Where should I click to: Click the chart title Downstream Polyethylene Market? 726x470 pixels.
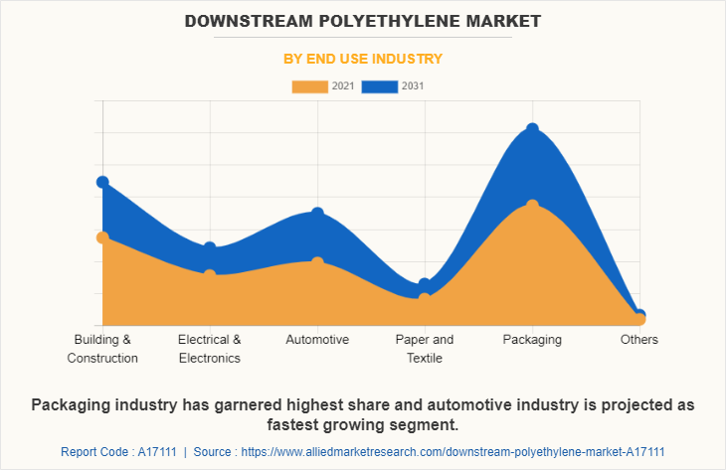tap(362, 20)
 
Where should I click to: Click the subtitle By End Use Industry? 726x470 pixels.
tap(363, 59)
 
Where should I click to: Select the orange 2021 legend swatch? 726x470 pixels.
tap(309, 86)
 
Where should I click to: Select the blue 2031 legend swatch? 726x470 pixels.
tap(380, 86)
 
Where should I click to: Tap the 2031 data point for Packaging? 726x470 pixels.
tap(532, 129)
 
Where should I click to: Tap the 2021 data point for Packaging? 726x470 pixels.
tap(532, 206)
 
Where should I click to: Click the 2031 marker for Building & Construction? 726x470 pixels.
tap(102, 182)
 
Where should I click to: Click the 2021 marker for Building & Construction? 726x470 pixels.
tap(102, 237)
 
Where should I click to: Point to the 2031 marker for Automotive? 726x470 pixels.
tap(317, 214)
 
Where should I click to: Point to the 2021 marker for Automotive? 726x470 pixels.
tap(317, 263)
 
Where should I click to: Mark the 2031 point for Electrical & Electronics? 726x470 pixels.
tap(210, 248)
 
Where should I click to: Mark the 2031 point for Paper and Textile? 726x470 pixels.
tap(425, 284)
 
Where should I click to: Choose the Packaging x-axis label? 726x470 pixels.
tap(532, 340)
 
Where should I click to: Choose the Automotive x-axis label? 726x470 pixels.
tap(317, 340)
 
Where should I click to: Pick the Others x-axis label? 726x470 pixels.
tap(639, 340)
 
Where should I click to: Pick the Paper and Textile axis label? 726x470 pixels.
tap(425, 349)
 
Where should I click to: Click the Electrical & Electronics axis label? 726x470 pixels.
tap(210, 349)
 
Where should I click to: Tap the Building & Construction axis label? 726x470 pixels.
tap(102, 349)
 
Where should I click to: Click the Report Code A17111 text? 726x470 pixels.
tap(118, 451)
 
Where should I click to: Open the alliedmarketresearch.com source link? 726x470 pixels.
tap(468, 451)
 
